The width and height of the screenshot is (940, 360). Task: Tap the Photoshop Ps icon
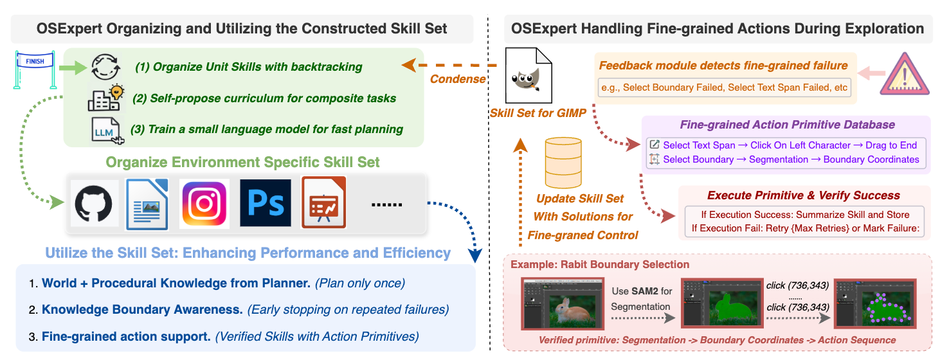pyautogui.click(x=265, y=203)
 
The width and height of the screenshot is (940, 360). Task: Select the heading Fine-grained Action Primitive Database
pyautogui.click(x=788, y=125)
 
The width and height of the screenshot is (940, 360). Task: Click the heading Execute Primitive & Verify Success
pyautogui.click(x=804, y=195)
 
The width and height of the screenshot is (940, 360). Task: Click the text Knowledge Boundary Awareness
pyautogui.click(x=142, y=309)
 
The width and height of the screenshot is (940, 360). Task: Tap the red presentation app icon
pyautogui.click(x=324, y=203)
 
